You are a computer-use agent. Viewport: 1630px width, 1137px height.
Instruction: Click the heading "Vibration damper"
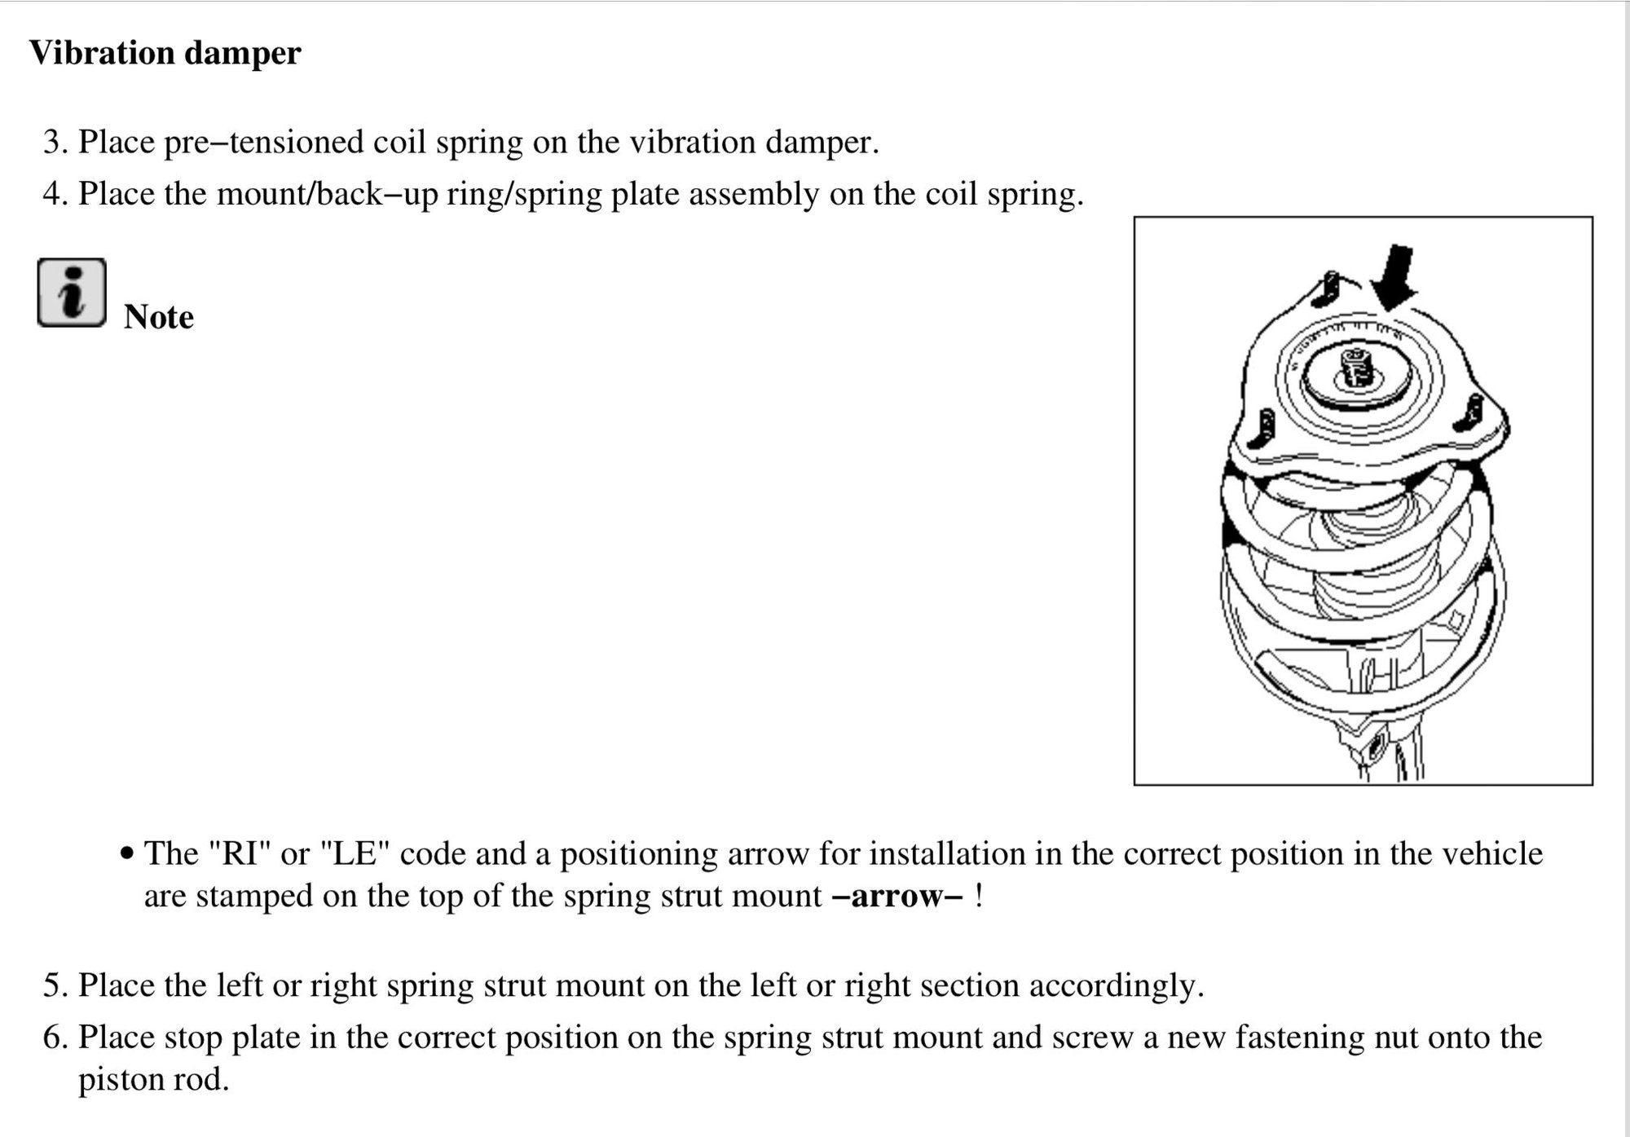coord(165,54)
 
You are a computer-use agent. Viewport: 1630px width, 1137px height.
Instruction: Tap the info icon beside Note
coord(72,293)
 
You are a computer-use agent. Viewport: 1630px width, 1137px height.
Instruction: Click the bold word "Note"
coord(159,317)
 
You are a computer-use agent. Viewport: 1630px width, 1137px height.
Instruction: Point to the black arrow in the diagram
coord(1395,277)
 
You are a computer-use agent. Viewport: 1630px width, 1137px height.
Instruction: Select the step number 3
coord(53,143)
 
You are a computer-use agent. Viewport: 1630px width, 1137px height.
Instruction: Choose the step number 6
coord(53,1038)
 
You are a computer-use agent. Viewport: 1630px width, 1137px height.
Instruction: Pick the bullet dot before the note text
coord(126,854)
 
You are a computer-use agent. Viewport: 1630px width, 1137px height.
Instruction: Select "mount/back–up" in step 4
coord(327,195)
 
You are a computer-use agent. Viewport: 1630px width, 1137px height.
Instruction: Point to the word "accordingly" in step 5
coord(1114,986)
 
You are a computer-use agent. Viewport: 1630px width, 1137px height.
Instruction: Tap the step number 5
coord(53,986)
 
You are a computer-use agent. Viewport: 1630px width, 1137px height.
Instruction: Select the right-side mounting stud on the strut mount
coord(1474,412)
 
